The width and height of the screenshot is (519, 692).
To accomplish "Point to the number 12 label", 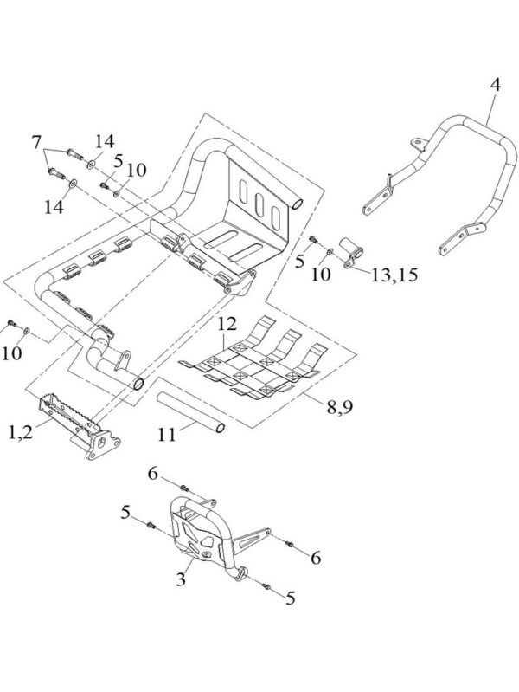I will pos(227,324).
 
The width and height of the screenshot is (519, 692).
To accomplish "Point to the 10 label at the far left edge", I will pos(13,354).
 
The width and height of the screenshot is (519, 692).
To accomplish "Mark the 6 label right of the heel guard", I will pos(316,559).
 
